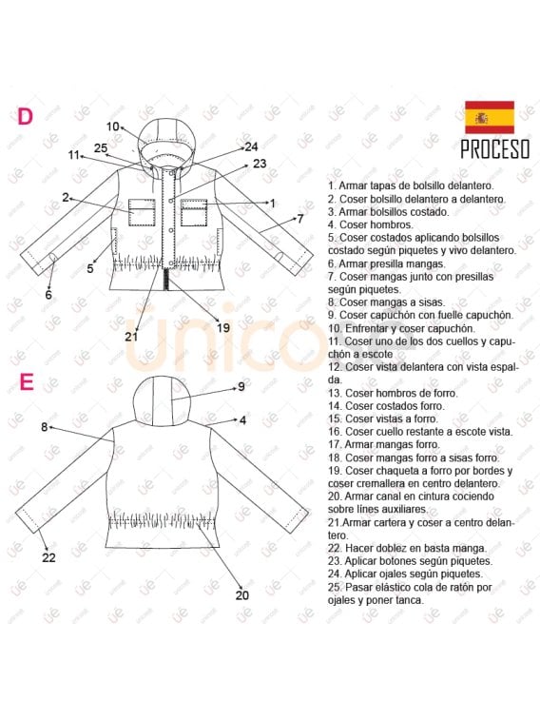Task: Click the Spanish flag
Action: point(489,117)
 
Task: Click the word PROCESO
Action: point(494,149)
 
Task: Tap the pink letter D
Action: point(26,116)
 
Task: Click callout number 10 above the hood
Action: point(113,126)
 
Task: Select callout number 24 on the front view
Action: point(251,146)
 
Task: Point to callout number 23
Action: point(260,164)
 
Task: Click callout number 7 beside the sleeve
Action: point(299,218)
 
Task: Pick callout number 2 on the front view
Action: point(66,197)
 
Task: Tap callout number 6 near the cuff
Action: point(48,295)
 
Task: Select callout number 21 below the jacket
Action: point(131,336)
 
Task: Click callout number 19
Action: point(223,327)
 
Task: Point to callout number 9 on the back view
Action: point(241,386)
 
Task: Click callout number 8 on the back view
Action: point(44,427)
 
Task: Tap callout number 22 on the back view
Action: point(49,557)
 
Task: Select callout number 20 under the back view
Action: point(241,595)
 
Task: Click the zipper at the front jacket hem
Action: point(167,281)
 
